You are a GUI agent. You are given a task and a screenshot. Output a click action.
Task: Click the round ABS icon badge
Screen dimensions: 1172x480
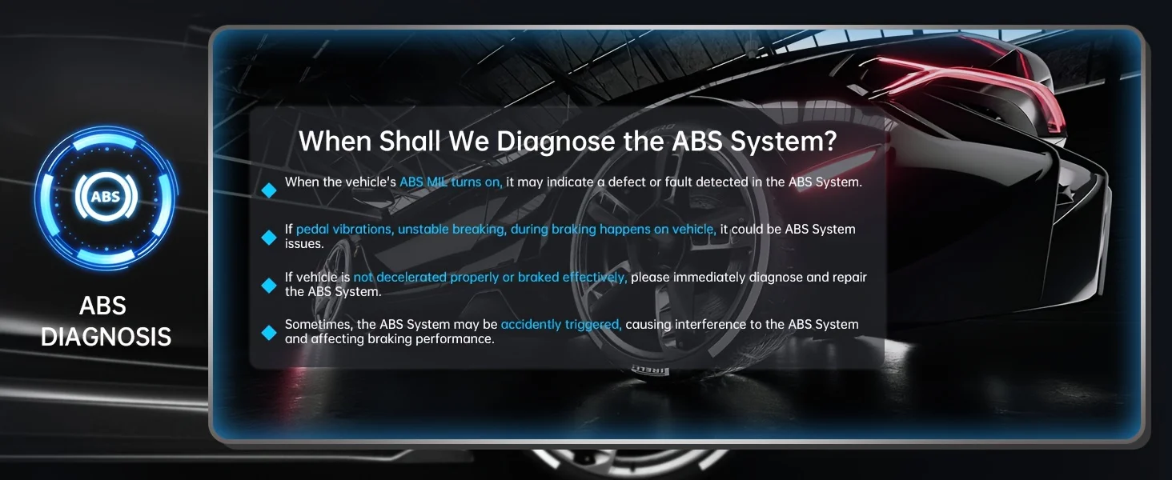[x=106, y=197]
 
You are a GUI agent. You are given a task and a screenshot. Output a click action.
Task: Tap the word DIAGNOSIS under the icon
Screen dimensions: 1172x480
[x=106, y=337]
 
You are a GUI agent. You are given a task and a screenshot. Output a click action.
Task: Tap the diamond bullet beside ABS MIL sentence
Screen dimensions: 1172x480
[x=269, y=190]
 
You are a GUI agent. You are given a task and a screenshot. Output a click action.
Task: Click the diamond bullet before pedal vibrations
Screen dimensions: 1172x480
[x=269, y=238]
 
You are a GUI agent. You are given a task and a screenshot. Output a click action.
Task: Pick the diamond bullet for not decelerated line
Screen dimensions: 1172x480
[x=269, y=285]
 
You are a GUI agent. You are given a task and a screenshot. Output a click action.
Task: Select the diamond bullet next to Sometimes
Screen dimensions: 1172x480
[x=269, y=333]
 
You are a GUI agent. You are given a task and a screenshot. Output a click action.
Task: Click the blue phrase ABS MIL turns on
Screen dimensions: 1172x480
[x=451, y=182]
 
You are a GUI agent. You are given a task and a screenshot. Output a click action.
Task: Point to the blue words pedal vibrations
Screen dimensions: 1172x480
[x=345, y=229]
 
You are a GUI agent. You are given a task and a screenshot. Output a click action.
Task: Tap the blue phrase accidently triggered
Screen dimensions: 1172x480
[x=561, y=325]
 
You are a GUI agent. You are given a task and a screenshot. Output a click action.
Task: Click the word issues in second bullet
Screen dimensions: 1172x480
[x=304, y=244]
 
